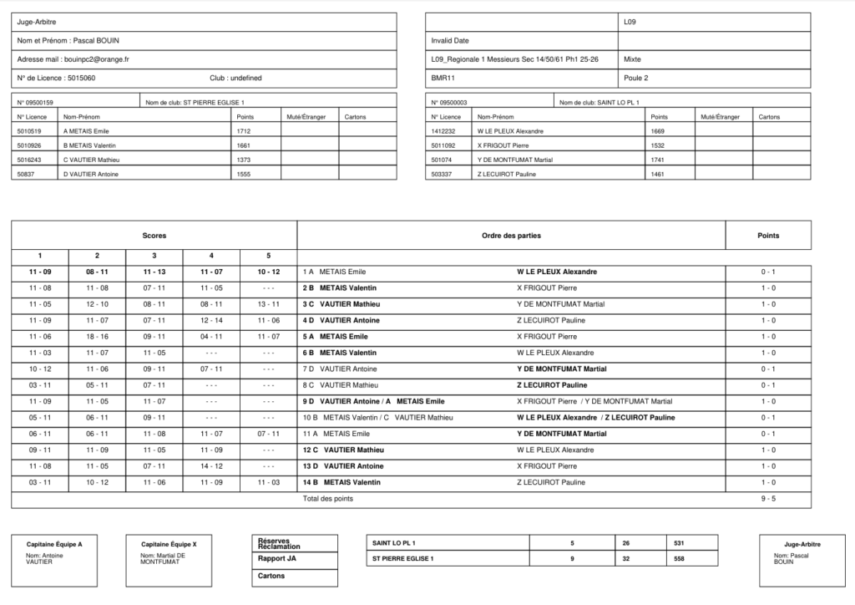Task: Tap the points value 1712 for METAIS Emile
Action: click(x=244, y=131)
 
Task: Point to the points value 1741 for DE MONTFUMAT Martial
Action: click(x=658, y=160)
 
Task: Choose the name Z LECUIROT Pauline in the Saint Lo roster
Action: click(x=506, y=174)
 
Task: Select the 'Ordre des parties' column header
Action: click(x=511, y=236)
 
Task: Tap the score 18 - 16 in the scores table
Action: click(x=97, y=337)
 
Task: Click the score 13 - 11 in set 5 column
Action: click(x=268, y=304)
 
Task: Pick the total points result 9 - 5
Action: click(x=767, y=499)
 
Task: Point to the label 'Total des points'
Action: click(x=328, y=499)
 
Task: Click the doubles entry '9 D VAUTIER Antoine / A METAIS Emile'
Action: click(x=373, y=401)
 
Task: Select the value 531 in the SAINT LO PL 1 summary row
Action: click(x=679, y=544)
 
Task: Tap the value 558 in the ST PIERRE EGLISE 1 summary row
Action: click(x=679, y=559)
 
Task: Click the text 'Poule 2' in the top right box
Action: click(x=636, y=78)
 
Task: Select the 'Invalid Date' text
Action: click(x=450, y=40)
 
